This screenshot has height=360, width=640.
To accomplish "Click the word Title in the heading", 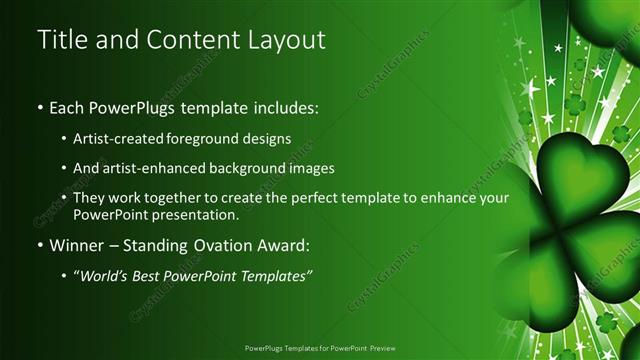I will pyautogui.click(x=63, y=40).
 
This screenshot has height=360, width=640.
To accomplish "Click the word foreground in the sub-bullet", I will pyautogui.click(x=213, y=139).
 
